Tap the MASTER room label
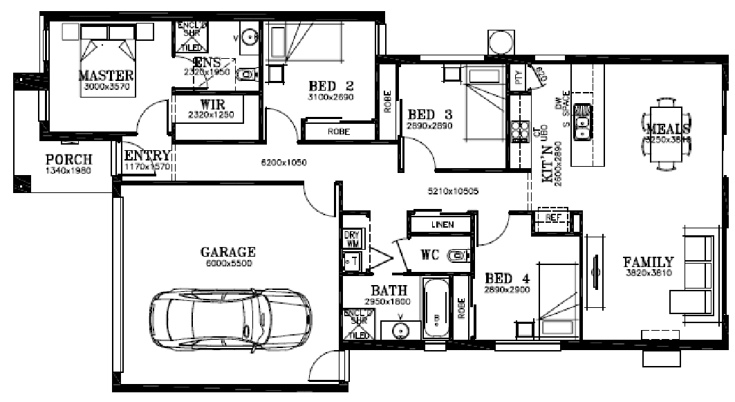pos(106,75)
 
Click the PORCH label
pos(68,160)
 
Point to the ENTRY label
pos(147,156)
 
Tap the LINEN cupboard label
pos(442,225)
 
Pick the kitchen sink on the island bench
pos(585,118)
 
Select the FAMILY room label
pos(648,263)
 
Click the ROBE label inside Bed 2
pos(338,131)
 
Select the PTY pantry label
pos(519,78)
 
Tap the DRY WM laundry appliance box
pos(351,239)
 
